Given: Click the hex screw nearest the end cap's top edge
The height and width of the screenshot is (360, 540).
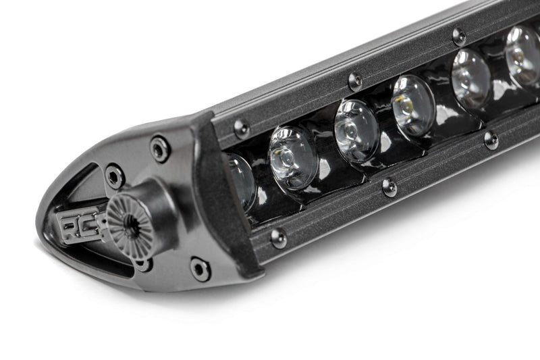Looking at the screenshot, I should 160,148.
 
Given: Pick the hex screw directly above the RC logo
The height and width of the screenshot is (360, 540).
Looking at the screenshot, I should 115,176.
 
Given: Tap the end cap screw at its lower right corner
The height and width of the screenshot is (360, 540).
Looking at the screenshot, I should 200,268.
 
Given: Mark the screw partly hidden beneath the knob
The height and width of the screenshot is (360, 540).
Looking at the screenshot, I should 144,263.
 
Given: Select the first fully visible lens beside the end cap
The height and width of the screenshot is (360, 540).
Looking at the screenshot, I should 294,157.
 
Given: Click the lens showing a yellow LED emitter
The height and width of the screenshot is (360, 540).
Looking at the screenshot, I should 412,105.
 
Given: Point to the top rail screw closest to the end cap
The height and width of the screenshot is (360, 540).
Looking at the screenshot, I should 241,128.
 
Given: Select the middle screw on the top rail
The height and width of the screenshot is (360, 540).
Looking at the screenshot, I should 354,80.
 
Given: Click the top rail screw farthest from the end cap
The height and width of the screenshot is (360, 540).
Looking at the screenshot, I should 459,36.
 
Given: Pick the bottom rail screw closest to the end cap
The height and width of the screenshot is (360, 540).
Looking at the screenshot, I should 278,237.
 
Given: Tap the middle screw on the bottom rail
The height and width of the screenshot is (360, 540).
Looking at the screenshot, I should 389,186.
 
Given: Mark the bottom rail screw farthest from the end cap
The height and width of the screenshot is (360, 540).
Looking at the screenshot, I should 491,140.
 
